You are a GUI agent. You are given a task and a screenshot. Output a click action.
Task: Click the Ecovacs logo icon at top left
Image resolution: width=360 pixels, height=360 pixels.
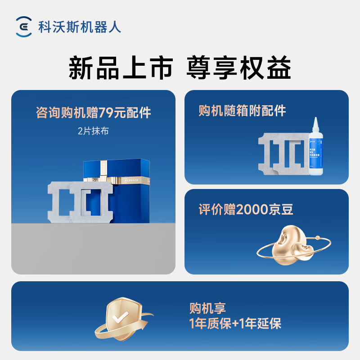[23, 27]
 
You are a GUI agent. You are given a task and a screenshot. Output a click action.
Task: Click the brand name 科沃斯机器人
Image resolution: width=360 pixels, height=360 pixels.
[80, 27]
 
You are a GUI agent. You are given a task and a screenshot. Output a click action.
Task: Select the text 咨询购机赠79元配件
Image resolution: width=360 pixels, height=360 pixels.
[93, 112]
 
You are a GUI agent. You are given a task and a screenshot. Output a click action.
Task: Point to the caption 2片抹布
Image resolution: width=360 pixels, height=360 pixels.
[93, 131]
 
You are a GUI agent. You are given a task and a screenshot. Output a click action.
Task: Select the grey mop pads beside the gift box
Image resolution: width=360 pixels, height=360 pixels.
[76, 200]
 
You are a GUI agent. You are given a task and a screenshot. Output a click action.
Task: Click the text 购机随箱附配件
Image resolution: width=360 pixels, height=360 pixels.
[242, 111]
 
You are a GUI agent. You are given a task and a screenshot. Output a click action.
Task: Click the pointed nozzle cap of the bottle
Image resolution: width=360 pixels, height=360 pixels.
[317, 122]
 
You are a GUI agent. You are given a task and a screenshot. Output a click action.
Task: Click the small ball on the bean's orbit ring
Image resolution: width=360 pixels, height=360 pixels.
[318, 237]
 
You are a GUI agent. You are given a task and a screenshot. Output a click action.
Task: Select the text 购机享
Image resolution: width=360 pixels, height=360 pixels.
[207, 308]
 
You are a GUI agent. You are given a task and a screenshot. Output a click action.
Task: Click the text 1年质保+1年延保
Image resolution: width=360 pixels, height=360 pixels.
[235, 324]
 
